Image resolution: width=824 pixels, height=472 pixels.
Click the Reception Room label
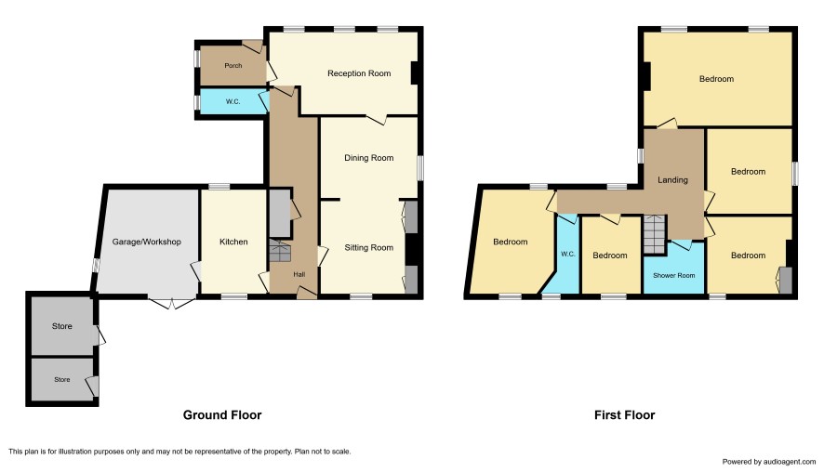coord(359,73)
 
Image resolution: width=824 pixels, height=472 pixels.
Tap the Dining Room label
coord(369,158)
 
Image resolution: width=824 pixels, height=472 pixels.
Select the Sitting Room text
coord(369,247)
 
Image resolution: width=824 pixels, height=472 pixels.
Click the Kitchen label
coord(233,242)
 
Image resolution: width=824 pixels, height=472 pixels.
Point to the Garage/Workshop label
coord(147,242)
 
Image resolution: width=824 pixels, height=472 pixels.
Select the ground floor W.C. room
coord(233,101)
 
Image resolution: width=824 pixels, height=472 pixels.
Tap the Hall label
coord(299,274)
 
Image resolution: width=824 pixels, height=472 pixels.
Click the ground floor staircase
coord(280,252)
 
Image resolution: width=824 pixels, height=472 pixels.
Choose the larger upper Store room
coord(62,326)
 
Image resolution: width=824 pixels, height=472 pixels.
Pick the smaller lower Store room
coord(62,379)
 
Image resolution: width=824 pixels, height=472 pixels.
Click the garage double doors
coord(171,303)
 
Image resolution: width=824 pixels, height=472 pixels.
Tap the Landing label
coord(672,179)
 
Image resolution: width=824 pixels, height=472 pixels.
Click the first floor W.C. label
coord(568,254)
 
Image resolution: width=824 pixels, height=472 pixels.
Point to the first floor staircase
coord(654,234)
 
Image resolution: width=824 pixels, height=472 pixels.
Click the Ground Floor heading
coord(222,414)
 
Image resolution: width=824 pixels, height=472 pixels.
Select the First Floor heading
coord(624,414)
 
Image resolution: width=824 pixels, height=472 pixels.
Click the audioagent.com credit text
coord(769,462)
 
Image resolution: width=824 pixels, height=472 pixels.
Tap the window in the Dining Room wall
coord(420,168)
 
